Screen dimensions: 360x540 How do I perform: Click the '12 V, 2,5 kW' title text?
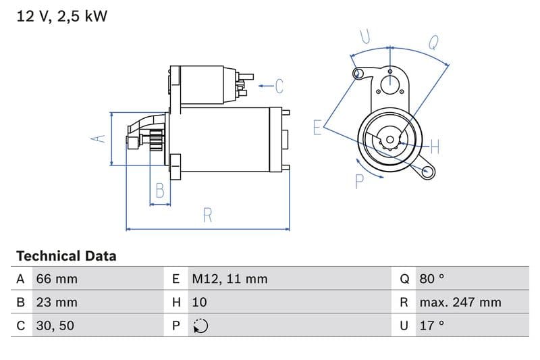coord(61,16)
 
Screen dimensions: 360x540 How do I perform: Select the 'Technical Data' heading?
coord(66,256)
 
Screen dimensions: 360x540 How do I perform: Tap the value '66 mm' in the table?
coord(57,278)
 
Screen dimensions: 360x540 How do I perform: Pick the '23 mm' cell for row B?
coord(57,302)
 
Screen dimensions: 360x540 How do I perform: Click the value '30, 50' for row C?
coord(55,326)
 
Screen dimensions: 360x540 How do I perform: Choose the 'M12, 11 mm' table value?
coord(230,278)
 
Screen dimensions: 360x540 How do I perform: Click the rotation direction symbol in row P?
coord(200,326)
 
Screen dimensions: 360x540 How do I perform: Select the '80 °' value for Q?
coord(432,278)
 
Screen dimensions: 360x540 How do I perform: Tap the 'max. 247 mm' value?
coord(460,302)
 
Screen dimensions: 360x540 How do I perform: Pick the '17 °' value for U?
coord(431,326)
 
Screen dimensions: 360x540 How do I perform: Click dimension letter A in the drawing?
coord(99,138)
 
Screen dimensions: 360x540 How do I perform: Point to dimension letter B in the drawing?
coord(160,191)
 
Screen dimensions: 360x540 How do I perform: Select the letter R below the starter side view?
coord(208,215)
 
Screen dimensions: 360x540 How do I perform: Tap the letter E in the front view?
coord(317,127)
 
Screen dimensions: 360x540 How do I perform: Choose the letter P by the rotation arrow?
coord(359,181)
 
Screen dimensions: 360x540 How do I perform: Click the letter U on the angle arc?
coord(365,36)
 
